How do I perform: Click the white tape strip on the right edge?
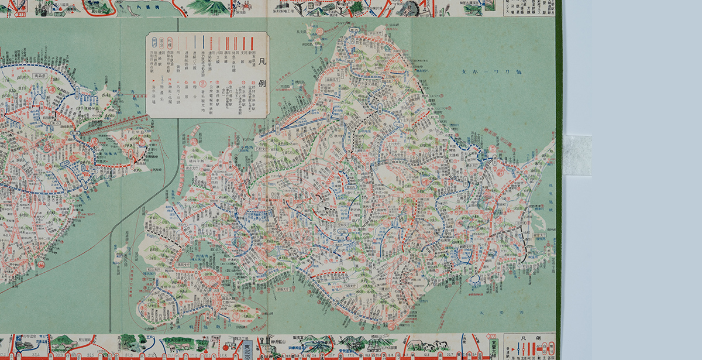pyautogui.click(x=577, y=155)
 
